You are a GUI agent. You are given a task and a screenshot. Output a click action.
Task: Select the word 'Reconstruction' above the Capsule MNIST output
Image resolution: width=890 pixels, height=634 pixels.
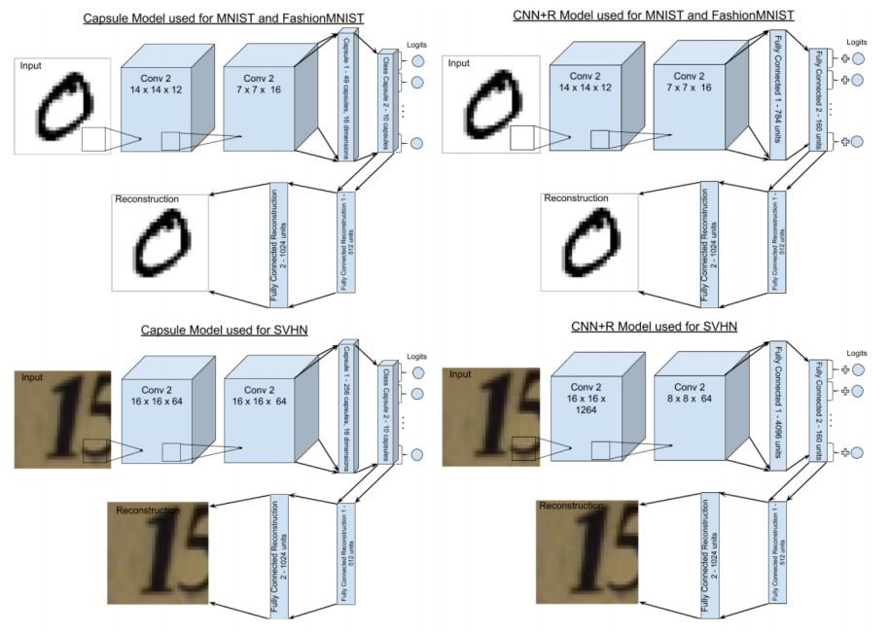click(x=147, y=199)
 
